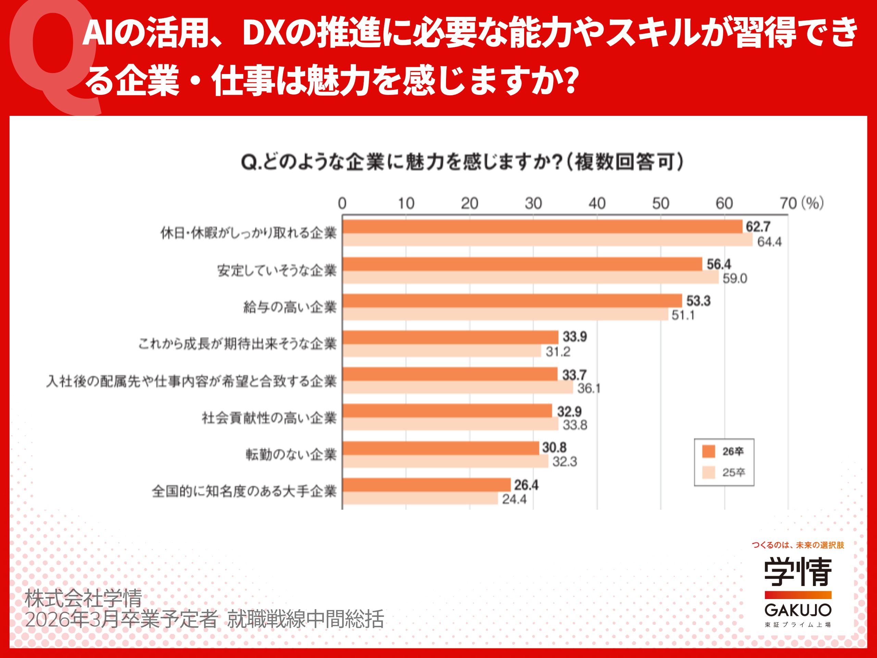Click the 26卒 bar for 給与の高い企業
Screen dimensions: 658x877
[511, 301]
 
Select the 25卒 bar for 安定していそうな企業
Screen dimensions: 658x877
[530, 277]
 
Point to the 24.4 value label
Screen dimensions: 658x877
[514, 499]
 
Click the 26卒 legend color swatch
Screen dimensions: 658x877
[708, 451]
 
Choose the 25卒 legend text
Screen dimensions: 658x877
[733, 472]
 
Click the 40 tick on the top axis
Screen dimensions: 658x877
[597, 204]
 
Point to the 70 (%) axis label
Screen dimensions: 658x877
[801, 204]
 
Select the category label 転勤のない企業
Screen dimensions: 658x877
[291, 454]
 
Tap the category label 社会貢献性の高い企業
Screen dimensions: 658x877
[269, 418]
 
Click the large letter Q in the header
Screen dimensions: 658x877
[53, 56]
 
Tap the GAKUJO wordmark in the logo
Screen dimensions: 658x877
[798, 610]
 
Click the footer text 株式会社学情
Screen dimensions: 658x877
[84, 598]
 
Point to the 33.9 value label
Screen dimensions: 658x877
[575, 337]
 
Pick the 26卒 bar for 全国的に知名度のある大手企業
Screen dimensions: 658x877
[426, 485]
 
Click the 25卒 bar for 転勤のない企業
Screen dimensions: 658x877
[445, 461]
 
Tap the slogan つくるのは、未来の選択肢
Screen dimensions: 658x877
[798, 545]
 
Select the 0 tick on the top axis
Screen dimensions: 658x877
[342, 204]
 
